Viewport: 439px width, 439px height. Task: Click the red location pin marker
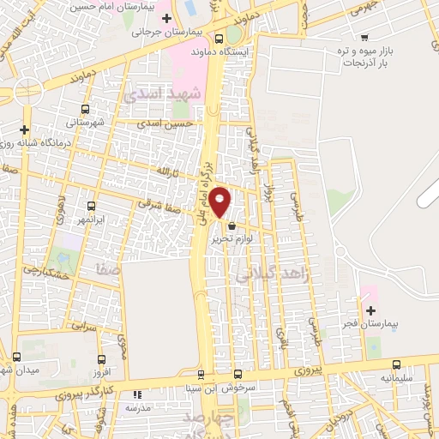pyautogui.click(x=220, y=202)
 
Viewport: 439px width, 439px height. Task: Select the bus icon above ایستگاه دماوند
pyautogui.click(x=220, y=38)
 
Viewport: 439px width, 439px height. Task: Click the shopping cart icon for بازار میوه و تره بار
pyautogui.click(x=365, y=37)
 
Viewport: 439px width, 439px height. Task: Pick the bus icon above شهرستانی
pyautogui.click(x=84, y=109)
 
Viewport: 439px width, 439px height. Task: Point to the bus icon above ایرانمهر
pyautogui.click(x=92, y=207)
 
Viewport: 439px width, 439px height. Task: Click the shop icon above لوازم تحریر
pyautogui.click(x=232, y=226)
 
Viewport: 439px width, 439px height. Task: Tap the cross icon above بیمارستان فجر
pyautogui.click(x=370, y=310)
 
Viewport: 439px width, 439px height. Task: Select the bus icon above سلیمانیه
pyautogui.click(x=396, y=364)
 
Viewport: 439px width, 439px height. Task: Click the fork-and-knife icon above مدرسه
pyautogui.click(x=136, y=395)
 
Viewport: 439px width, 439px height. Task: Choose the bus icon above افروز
pyautogui.click(x=102, y=360)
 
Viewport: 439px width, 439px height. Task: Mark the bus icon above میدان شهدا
pyautogui.click(x=16, y=357)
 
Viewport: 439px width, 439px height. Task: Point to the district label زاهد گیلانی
pyautogui.click(x=272, y=274)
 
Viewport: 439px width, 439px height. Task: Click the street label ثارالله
pyautogui.click(x=165, y=173)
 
